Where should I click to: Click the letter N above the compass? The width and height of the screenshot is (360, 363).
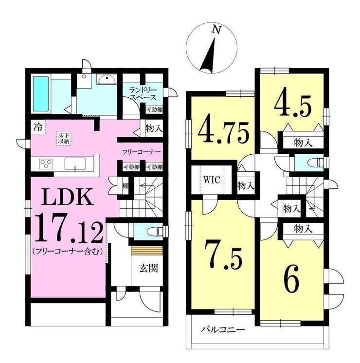pyautogui.click(x=216, y=30)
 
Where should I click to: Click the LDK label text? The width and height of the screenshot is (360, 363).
pyautogui.click(x=68, y=197)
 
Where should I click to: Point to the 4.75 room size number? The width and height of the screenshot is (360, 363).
pyautogui.click(x=224, y=132)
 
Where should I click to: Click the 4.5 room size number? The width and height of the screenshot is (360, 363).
pyautogui.click(x=292, y=105)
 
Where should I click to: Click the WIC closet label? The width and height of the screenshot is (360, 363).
pyautogui.click(x=212, y=180)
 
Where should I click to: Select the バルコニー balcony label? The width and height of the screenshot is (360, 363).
pyautogui.click(x=222, y=329)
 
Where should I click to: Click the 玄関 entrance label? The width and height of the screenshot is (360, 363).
pyautogui.click(x=149, y=268)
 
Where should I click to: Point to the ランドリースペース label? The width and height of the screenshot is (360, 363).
pyautogui.click(x=143, y=93)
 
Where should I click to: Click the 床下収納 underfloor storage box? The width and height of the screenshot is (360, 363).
pyautogui.click(x=64, y=139)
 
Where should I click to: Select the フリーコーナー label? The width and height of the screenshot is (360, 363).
pyautogui.click(x=141, y=152)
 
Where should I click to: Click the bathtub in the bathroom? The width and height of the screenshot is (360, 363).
pyautogui.click(x=41, y=94)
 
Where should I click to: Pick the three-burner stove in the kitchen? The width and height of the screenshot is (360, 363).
pyautogui.click(x=46, y=164)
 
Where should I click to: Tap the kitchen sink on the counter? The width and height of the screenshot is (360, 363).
pyautogui.click(x=75, y=164)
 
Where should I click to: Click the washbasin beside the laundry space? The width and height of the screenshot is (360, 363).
pyautogui.click(x=107, y=80)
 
